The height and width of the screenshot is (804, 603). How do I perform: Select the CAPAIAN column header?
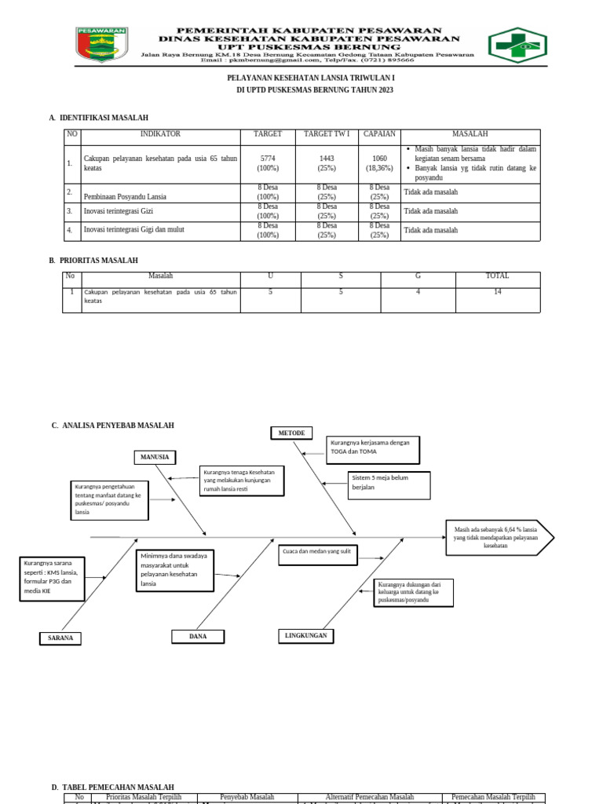[x=379, y=134]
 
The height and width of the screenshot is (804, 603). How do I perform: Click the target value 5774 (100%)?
[x=268, y=163]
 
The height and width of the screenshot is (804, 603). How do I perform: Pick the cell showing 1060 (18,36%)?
[x=379, y=163]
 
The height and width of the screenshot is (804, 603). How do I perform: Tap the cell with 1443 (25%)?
[x=327, y=163]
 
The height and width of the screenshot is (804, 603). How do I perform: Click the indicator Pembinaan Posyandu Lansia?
[x=125, y=196]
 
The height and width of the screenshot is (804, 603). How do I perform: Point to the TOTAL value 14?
[x=497, y=292]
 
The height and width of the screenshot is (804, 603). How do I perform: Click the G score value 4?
[x=418, y=292]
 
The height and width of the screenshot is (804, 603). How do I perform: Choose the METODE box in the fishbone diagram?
[x=291, y=433]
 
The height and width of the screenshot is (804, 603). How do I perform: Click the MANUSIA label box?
[x=155, y=457]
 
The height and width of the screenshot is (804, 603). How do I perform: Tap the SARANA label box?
[x=60, y=638]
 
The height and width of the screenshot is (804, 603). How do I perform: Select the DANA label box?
[x=198, y=636]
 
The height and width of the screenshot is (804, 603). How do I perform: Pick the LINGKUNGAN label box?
[x=306, y=635]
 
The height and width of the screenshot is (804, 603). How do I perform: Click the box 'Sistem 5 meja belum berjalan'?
[x=389, y=485]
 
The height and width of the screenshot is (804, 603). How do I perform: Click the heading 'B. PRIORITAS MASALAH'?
[x=93, y=260]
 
